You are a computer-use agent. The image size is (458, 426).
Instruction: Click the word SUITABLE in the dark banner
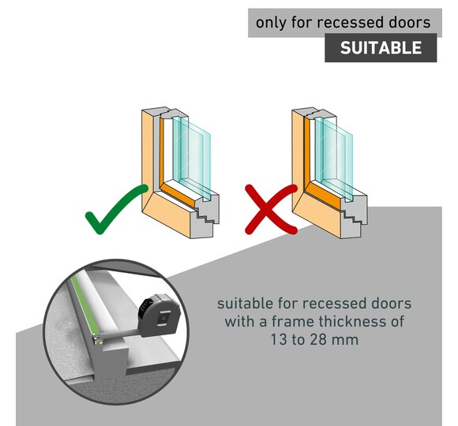coord(381,47)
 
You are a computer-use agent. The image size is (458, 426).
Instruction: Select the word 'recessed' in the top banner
coord(351,22)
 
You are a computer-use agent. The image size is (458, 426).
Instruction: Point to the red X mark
coord(271,209)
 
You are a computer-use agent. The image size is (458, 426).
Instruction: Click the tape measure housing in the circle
coord(160,315)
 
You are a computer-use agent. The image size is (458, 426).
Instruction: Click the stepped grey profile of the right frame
coord(353,215)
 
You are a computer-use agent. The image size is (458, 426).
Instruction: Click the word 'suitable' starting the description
coord(245,304)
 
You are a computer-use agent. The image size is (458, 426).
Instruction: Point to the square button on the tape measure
coord(164,319)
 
